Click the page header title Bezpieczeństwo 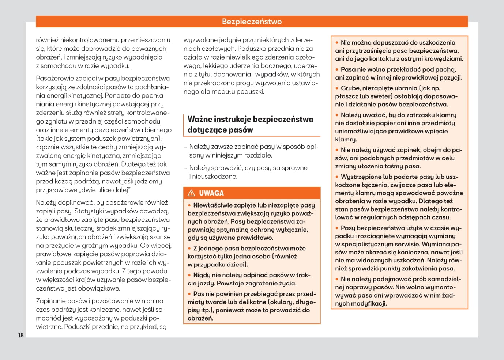(252, 22)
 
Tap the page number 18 (21, 335)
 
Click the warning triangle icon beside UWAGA (191, 193)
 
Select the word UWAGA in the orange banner (211, 193)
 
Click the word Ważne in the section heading (200, 119)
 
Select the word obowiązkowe (99, 288)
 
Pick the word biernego (158, 130)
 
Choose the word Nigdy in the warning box (202, 275)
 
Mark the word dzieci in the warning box (236, 264)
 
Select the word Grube (350, 88)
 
